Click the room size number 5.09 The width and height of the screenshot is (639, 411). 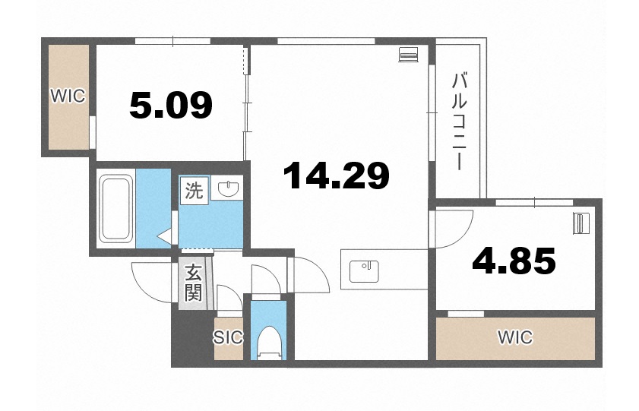(170, 105)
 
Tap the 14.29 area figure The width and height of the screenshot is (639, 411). (336, 175)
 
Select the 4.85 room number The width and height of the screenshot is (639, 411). (514, 262)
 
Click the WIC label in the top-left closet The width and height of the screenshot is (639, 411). (68, 96)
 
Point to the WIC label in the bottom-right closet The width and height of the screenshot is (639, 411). (514, 337)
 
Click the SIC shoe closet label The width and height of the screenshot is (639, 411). (228, 337)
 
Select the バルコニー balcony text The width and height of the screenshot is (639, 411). (458, 122)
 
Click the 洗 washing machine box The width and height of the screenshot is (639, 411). (194, 191)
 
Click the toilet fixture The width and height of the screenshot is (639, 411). (267, 341)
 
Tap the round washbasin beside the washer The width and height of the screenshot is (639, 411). (226, 189)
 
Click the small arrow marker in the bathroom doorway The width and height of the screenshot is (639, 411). (163, 238)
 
